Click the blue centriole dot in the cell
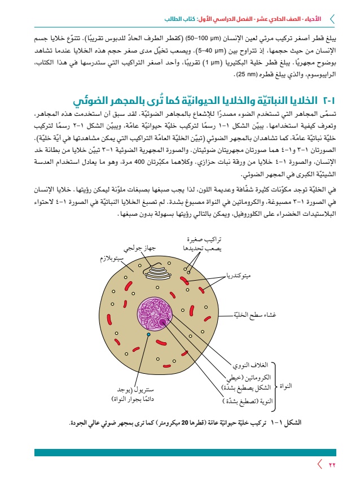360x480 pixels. point(148,335)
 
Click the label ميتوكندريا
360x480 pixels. point(238,276)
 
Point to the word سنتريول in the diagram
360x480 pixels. point(153,390)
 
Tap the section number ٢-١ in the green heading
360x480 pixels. point(329,99)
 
